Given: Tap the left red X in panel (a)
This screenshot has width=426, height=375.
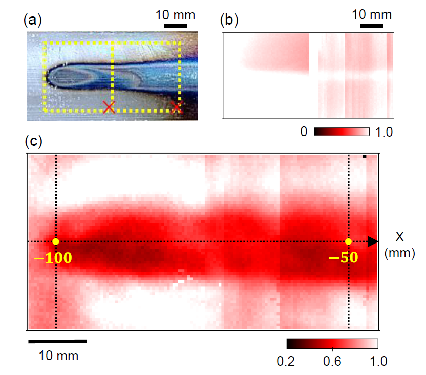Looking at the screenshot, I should [108, 107].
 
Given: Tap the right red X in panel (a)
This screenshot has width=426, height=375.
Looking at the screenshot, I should [177, 107].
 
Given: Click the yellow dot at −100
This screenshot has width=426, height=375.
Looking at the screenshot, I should [55, 241].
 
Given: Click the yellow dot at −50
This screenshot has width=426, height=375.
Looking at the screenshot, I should [348, 241].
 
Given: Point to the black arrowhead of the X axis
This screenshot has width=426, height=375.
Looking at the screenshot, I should [373, 241].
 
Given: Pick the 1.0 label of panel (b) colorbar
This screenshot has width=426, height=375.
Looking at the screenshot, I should [384, 132].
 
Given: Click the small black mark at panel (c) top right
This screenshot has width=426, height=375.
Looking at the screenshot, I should [364, 156].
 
